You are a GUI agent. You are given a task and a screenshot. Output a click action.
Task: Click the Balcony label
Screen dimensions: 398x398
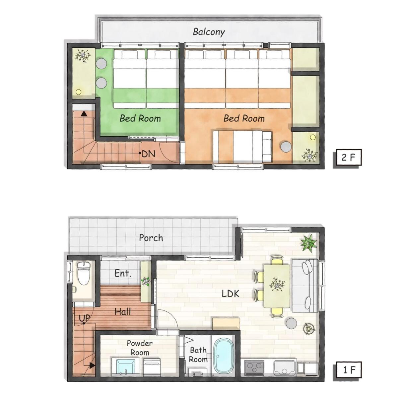[209, 32]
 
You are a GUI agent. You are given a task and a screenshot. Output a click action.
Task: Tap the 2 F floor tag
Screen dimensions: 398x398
[347, 158]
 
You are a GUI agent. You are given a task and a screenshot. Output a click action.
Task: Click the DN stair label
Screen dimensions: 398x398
[149, 154]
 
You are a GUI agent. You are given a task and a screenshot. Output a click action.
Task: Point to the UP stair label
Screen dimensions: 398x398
[85, 318]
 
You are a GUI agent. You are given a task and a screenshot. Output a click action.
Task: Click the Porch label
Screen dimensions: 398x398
[151, 238]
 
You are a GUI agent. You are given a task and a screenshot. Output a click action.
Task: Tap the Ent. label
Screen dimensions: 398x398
[123, 273]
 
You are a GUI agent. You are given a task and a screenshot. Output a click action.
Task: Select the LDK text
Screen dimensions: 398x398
[231, 294]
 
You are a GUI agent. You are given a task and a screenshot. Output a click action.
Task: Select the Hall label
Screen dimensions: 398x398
[123, 312]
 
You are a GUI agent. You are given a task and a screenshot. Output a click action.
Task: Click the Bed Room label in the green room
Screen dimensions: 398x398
[140, 118]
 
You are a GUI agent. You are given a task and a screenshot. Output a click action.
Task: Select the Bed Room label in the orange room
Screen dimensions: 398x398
[244, 118]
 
